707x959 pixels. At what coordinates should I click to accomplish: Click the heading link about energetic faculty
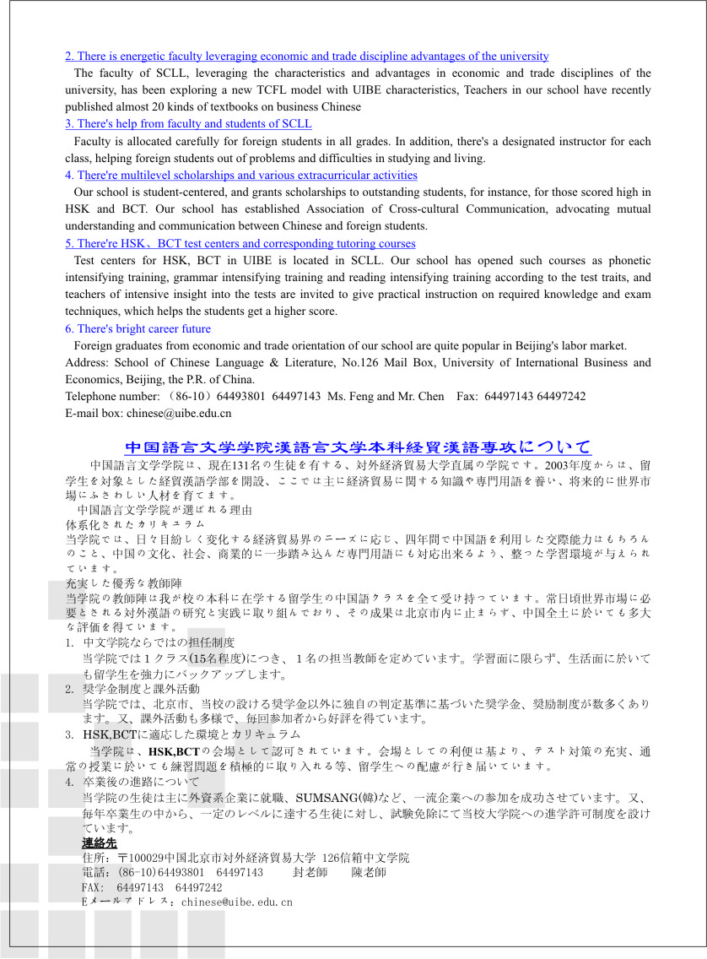(307, 57)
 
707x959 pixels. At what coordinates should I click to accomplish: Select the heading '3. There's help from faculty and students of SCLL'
(188, 124)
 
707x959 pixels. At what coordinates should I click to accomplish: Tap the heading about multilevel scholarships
(241, 176)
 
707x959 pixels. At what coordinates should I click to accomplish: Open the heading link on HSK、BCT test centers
(240, 244)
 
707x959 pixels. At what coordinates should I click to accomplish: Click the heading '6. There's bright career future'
(138, 329)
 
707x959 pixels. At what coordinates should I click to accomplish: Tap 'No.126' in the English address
(396, 363)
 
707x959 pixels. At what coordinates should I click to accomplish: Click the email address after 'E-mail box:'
(179, 414)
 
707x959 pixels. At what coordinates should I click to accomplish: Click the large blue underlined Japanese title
(358, 447)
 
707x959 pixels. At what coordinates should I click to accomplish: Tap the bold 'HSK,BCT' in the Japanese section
(173, 750)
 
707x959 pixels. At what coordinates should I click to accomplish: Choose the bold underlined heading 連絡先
(100, 843)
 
